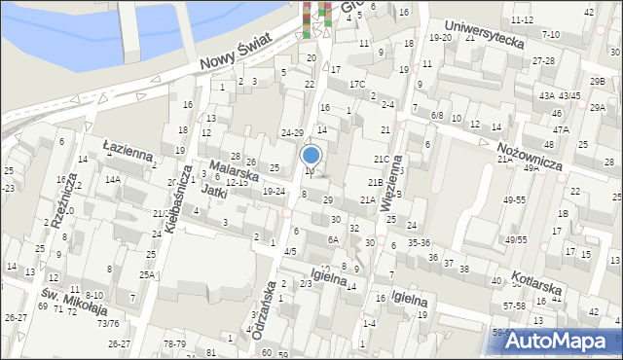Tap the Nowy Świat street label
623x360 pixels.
pos(238,51)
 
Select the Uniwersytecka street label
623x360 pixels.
pos(483,36)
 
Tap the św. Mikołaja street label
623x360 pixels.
pos(73,300)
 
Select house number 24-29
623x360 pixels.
pos(292,132)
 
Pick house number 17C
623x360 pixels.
pos(357,84)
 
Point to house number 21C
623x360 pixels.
pos(381,159)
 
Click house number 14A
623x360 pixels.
pos(113,180)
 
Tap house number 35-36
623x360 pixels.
pos(419,242)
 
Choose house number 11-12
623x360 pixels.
pos(522,19)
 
